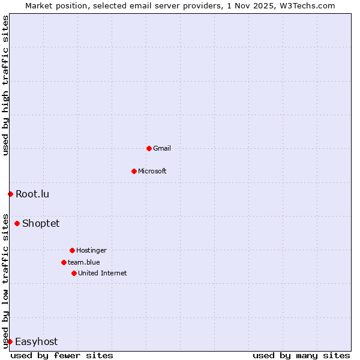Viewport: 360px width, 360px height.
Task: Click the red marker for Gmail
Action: pyautogui.click(x=149, y=148)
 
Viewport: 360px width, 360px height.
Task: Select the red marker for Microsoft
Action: pyautogui.click(x=134, y=171)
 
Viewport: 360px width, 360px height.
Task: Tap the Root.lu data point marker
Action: pyautogui.click(x=10, y=194)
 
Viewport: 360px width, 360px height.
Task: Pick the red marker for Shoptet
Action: pyautogui.click(x=17, y=223)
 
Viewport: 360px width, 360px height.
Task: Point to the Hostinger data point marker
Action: pyautogui.click(x=72, y=250)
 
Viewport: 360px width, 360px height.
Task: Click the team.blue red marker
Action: pyautogui.click(x=64, y=262)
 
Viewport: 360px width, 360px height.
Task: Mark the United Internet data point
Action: pyautogui.click(x=74, y=273)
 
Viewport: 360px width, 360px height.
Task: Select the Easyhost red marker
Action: pyautogui.click(x=10, y=341)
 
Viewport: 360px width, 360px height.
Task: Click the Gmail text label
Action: pyautogui.click(x=162, y=148)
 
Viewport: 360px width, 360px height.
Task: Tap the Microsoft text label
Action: pyautogui.click(x=152, y=171)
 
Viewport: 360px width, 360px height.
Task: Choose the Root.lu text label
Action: pyautogui.click(x=32, y=194)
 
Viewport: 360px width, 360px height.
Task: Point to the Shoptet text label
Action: pyautogui.click(x=41, y=223)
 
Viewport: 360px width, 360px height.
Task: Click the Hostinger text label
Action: pyautogui.click(x=91, y=250)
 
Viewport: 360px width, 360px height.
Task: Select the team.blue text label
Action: pyautogui.click(x=84, y=262)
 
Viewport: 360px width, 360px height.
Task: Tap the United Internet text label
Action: pyautogui.click(x=103, y=273)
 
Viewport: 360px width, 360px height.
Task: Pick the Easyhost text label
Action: pyautogui.click(x=36, y=341)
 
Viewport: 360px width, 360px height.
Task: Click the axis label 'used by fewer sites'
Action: pyautogui.click(x=62, y=355)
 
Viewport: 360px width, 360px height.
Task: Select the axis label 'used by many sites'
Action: pyautogui.click(x=301, y=355)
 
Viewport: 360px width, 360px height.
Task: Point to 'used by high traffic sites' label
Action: pyautogui.click(x=5, y=85)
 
